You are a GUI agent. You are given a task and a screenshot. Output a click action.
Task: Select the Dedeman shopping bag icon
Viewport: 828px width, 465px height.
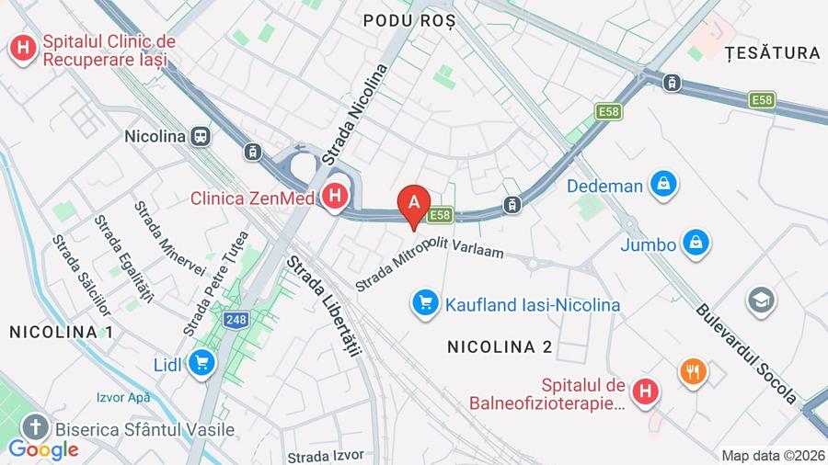coord(662,185)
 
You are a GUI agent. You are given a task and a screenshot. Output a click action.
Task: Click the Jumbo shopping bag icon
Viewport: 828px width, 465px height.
coord(696,244)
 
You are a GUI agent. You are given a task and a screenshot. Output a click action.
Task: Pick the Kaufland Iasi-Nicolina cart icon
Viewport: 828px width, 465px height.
coord(425,302)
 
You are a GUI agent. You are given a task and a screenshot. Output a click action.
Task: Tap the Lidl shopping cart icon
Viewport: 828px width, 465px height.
coord(201,364)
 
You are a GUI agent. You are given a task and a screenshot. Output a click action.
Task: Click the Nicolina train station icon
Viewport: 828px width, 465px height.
coord(200,136)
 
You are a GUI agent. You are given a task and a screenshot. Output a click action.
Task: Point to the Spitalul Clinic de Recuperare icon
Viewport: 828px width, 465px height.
coord(22,49)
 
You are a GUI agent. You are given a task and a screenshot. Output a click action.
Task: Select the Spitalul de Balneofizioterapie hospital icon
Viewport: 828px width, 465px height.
coord(647,392)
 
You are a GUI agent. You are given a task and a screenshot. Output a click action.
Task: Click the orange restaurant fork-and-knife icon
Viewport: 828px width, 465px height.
coord(693,372)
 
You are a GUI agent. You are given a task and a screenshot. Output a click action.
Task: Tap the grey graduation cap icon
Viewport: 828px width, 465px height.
coord(761,301)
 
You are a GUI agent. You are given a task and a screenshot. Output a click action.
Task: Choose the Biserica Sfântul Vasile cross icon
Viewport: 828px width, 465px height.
coord(36,427)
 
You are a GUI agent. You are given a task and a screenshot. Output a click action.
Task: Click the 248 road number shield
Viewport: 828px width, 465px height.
coord(235,320)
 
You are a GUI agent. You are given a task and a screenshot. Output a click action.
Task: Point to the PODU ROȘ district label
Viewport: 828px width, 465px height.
coord(408,21)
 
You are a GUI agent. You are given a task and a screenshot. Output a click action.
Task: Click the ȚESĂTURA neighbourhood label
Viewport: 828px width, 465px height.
coord(772,53)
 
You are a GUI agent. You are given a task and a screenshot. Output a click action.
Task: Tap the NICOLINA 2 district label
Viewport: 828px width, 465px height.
coord(500,346)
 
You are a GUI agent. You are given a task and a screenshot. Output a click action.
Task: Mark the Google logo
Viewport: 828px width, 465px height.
coord(42,449)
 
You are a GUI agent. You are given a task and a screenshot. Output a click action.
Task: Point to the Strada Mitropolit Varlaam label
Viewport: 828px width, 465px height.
coord(430,260)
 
